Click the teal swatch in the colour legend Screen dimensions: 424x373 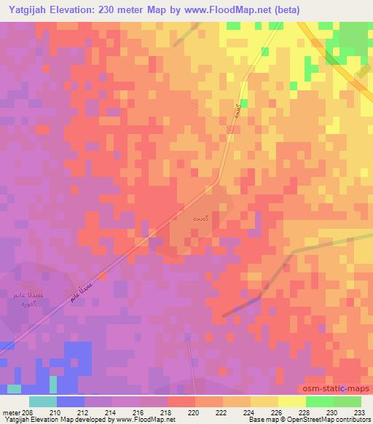[x=43, y=401]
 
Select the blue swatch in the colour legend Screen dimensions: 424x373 [x=71, y=401]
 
